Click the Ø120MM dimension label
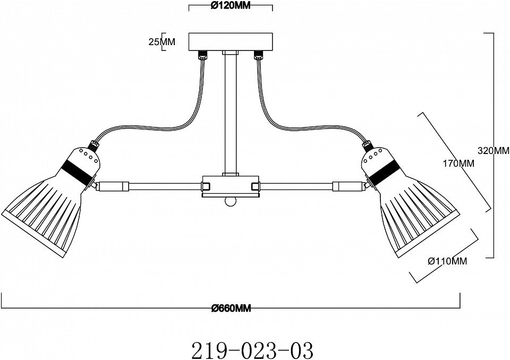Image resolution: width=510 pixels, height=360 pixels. (231, 5)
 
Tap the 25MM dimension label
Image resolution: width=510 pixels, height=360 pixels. (161, 41)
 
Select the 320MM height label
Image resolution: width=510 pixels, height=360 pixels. (494, 150)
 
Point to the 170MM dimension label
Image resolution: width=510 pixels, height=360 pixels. (458, 163)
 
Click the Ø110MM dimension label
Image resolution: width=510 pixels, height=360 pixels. (447, 261)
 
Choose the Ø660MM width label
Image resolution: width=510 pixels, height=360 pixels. (231, 308)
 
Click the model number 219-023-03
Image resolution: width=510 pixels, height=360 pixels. (253, 350)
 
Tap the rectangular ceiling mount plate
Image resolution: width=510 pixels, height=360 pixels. (231, 42)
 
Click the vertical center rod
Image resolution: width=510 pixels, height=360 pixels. (231, 114)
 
